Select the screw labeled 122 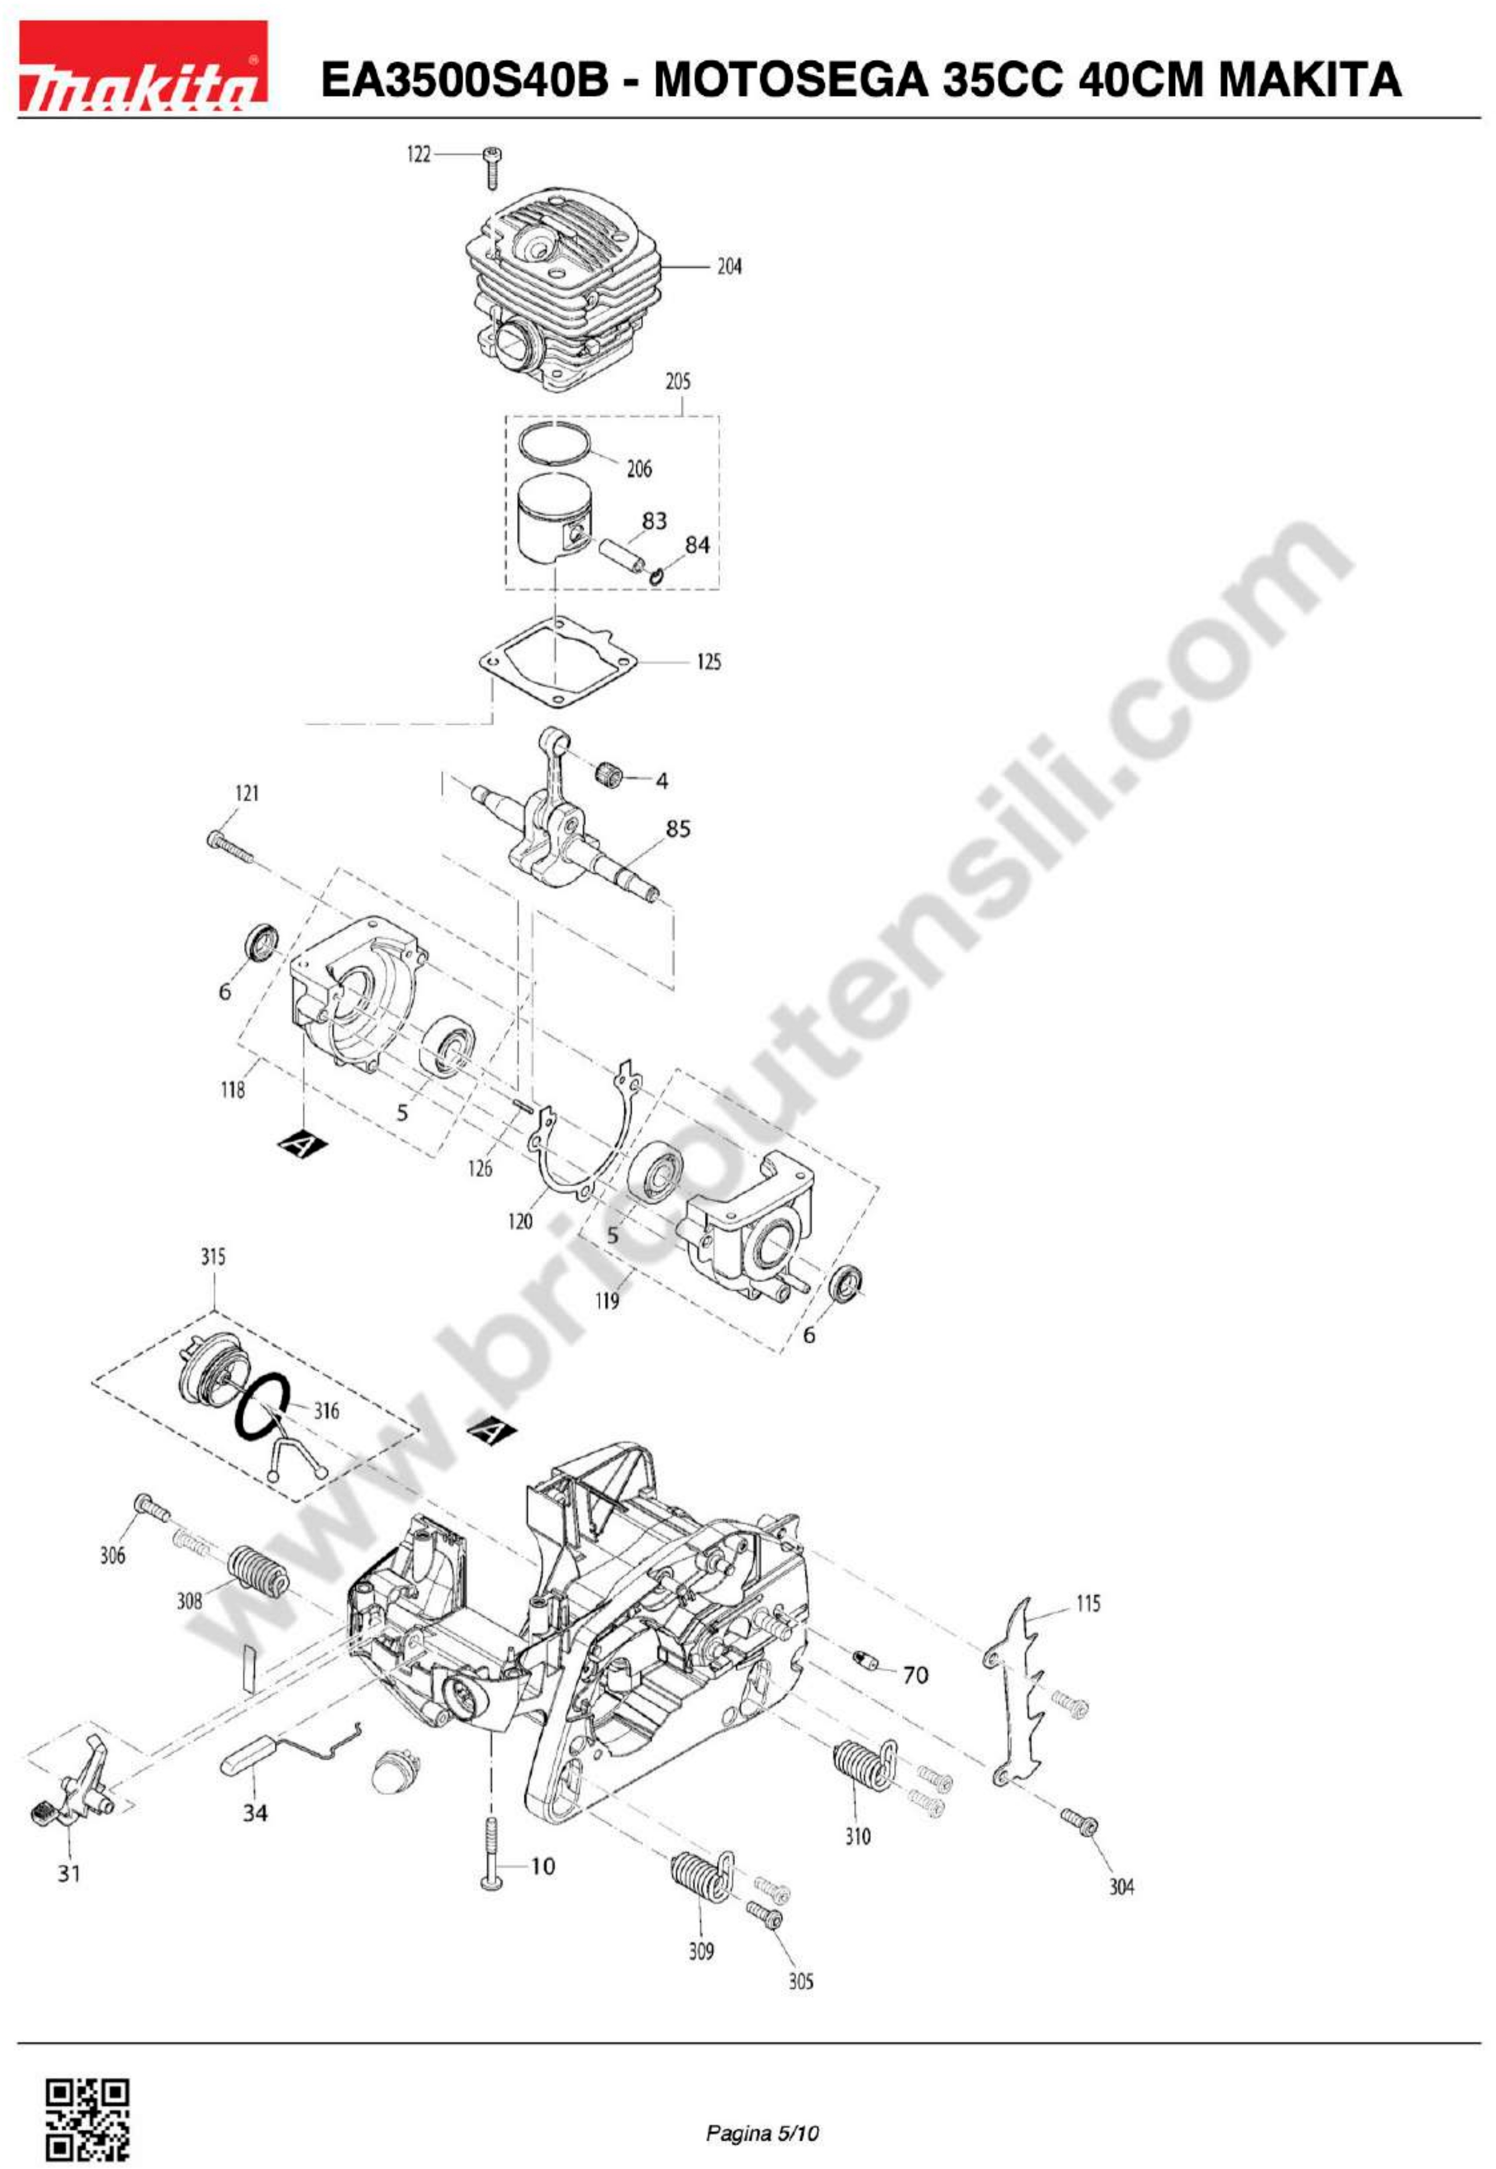click(x=493, y=168)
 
